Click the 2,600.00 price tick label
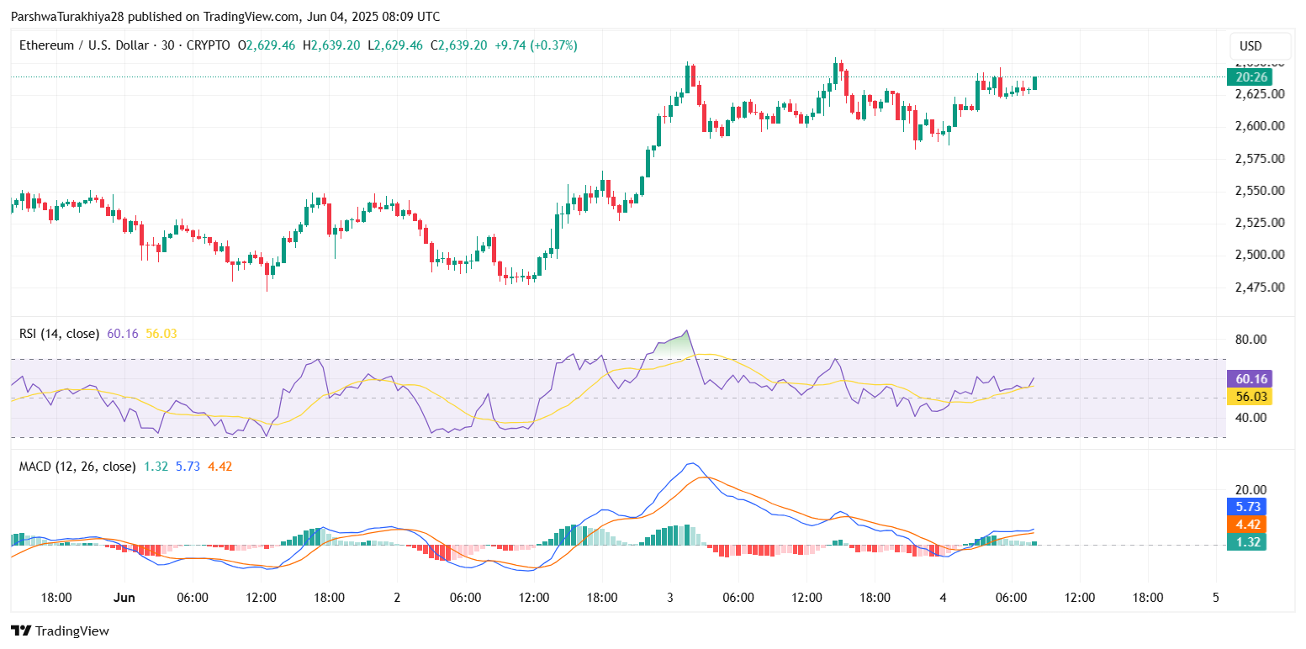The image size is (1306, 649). pyautogui.click(x=1255, y=126)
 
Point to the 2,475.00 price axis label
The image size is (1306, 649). pyautogui.click(x=1255, y=287)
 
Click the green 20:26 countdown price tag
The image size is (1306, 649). pyautogui.click(x=1249, y=77)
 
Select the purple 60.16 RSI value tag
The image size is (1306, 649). pyautogui.click(x=1249, y=378)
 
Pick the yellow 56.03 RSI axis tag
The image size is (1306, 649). pyautogui.click(x=1249, y=397)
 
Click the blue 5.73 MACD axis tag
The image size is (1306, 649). pyautogui.click(x=1249, y=506)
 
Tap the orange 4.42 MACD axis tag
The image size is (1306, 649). pyautogui.click(x=1249, y=525)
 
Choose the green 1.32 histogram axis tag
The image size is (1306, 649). pyautogui.click(x=1249, y=543)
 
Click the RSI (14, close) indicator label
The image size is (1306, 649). pyautogui.click(x=59, y=334)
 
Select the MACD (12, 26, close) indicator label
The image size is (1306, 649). pyautogui.click(x=77, y=466)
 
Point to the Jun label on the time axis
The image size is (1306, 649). pyautogui.click(x=124, y=598)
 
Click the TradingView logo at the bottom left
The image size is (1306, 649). pyautogui.click(x=60, y=631)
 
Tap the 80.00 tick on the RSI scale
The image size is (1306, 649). pyautogui.click(x=1249, y=340)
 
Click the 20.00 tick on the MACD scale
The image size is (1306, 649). pyautogui.click(x=1249, y=489)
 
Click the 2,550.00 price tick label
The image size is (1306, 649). pyautogui.click(x=1255, y=190)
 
